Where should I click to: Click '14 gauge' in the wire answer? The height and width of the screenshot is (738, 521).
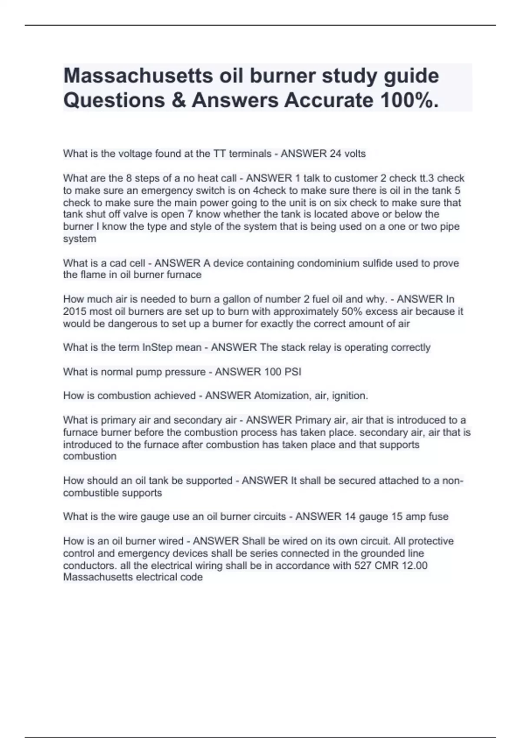pos(363,517)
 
